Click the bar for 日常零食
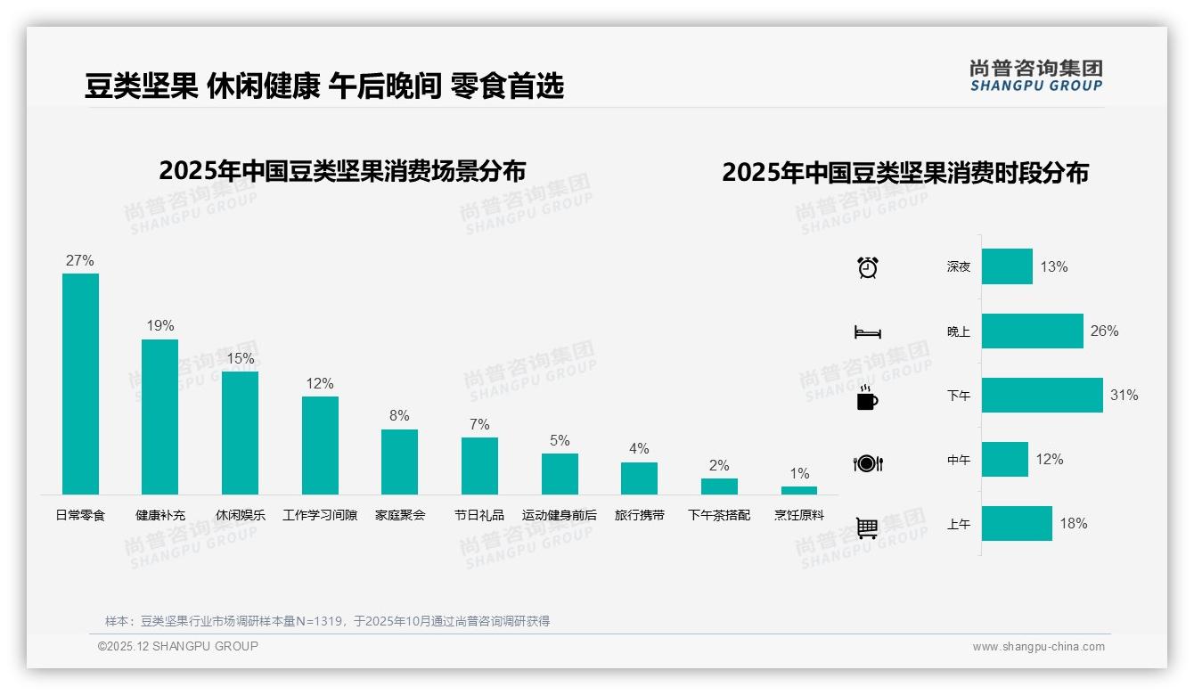pos(80,383)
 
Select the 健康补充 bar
pos(160,416)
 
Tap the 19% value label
pos(160,326)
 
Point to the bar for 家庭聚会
pos(399,462)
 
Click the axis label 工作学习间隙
pos(320,515)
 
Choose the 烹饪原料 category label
pos(799,515)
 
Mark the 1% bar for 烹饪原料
pos(799,490)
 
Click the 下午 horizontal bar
pos(1042,396)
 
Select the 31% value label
pos(1124,396)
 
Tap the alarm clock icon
pos(867,267)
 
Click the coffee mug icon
pos(867,397)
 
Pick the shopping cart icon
pos(867,527)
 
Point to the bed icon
pos(867,332)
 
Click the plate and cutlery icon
pos(867,462)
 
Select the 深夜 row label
pos(959,267)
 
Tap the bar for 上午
pos(1017,524)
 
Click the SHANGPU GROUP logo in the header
pos(1036,76)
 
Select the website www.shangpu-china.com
pos(1038,647)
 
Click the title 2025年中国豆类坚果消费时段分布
pos(905,173)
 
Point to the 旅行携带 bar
pos(639,478)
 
